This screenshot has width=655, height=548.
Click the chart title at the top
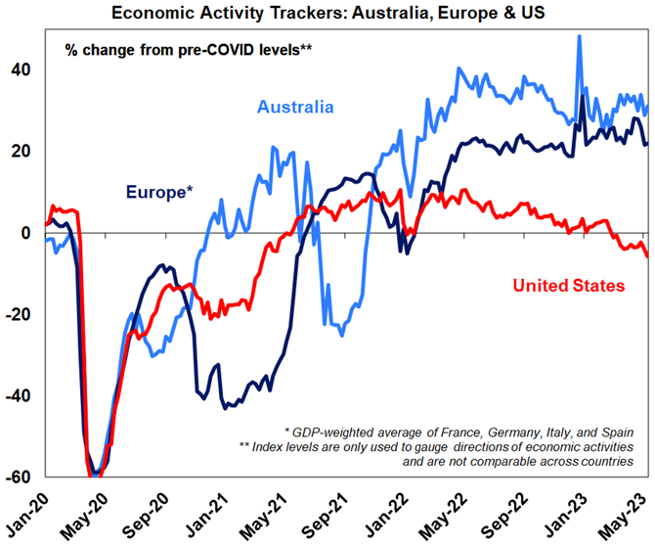[327, 13]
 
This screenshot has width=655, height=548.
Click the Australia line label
[295, 107]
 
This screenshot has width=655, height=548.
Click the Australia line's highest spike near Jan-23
[580, 37]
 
